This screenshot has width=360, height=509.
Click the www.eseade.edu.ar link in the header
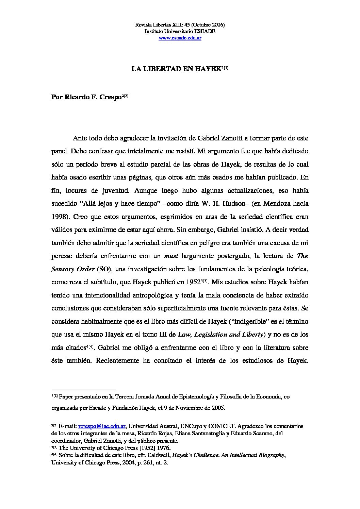[180, 38]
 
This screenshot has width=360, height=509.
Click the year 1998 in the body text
[59, 217]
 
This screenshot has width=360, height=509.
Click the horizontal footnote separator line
[84, 390]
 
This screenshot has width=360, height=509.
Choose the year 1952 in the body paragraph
[194, 282]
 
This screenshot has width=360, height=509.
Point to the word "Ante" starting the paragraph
[80, 138]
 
